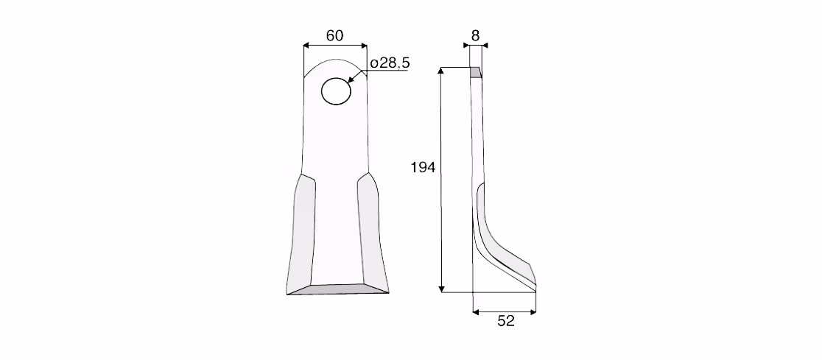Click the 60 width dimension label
(x=334, y=35)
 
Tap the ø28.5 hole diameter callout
(x=390, y=63)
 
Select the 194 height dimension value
(x=423, y=168)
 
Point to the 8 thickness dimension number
(x=476, y=35)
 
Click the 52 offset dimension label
(x=506, y=321)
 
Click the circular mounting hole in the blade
(x=336, y=91)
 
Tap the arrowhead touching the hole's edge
(x=351, y=80)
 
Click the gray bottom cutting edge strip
(x=338, y=289)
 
